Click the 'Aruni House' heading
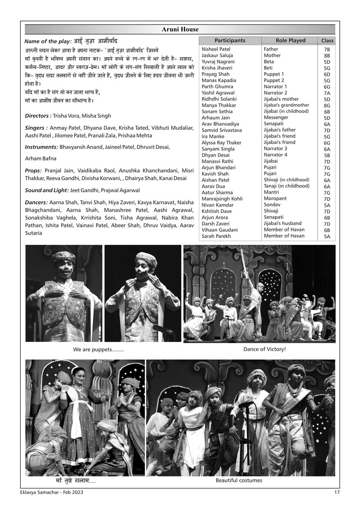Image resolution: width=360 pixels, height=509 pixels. click(x=180, y=30)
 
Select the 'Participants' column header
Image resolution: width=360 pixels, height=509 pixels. click(x=230, y=41)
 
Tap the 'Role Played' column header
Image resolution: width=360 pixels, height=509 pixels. click(x=290, y=41)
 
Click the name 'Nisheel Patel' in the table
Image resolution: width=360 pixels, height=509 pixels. click(x=216, y=49)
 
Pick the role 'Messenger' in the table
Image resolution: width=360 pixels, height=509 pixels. click(x=276, y=117)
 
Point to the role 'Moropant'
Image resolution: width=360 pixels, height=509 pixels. click(x=275, y=198)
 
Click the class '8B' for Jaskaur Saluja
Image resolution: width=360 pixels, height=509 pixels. click(x=327, y=56)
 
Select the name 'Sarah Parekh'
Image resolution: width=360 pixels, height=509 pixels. click(x=216, y=236)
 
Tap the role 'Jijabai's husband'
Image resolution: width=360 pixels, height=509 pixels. click(x=283, y=223)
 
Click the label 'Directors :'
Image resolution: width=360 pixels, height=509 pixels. click(x=38, y=116)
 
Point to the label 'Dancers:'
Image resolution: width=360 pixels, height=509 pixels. click(x=36, y=203)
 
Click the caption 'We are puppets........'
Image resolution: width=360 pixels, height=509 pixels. click(x=98, y=350)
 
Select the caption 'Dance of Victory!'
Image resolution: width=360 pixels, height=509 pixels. click(x=264, y=349)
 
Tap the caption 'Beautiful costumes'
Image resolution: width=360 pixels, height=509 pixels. click(x=239, y=481)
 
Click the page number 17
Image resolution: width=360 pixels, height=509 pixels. click(x=337, y=492)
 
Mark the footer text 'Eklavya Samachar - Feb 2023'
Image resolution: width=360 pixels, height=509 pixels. click(x=51, y=492)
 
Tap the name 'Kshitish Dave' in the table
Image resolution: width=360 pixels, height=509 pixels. click(x=216, y=211)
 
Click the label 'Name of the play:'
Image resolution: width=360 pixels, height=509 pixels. click(x=48, y=41)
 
